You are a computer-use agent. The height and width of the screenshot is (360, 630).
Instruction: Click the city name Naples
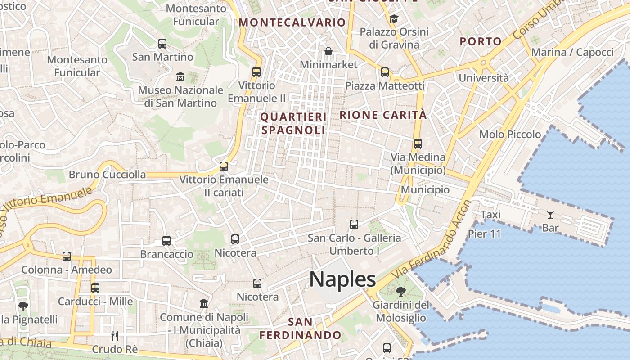pos(342,279)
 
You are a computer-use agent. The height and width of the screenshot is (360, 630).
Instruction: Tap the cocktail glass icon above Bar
pos(550,214)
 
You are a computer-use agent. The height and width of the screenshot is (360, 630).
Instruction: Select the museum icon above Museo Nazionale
pos(180,76)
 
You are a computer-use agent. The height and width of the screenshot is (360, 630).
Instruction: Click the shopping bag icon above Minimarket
pos(328,51)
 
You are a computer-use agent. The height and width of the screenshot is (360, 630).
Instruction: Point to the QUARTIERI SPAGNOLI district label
pos(293,124)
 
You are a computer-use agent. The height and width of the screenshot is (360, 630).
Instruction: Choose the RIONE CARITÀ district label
pos(383,115)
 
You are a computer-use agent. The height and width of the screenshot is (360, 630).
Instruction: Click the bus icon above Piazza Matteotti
pos(385,72)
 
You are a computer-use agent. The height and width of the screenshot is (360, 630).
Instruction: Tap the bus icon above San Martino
pos(162,44)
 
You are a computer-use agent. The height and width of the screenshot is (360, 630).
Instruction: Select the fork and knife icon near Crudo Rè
pos(115,336)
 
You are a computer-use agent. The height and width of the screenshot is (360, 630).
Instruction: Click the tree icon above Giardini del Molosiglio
pos(400,292)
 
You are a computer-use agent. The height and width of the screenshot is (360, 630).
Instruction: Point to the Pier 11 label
pos(484,234)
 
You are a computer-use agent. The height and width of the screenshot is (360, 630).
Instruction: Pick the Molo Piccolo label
pos(510,134)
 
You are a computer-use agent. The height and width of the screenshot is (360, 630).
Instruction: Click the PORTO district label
pos(481,42)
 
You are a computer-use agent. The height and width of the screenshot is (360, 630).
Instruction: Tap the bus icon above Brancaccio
pos(166,241)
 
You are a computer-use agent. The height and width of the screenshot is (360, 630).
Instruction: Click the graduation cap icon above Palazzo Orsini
pos(394,18)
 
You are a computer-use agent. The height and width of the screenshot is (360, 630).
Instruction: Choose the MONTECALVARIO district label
pos(292,22)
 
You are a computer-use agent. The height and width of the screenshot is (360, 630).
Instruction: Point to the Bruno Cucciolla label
pos(107,175)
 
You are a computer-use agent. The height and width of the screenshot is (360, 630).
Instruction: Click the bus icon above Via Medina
pos(418,144)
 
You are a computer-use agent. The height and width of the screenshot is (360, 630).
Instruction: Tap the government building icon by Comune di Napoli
pos(204,303)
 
